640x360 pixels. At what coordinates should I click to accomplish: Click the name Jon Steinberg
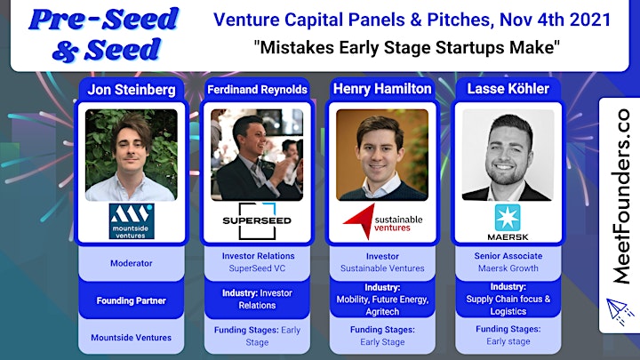pyautogui.click(x=132, y=90)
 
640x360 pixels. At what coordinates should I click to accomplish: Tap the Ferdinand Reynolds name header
pyautogui.click(x=257, y=90)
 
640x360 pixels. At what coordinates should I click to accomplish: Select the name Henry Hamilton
pyautogui.click(x=382, y=89)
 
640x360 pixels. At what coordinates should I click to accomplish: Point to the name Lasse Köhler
pyautogui.click(x=508, y=89)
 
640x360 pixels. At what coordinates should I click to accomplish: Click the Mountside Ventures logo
pyautogui.click(x=132, y=221)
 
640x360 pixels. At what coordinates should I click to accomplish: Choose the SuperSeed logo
pyautogui.click(x=257, y=220)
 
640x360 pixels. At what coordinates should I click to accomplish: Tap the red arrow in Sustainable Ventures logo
pyautogui.click(x=360, y=220)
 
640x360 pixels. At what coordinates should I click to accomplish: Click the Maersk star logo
pyautogui.click(x=508, y=218)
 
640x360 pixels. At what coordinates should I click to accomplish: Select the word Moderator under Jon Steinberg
pyautogui.click(x=132, y=263)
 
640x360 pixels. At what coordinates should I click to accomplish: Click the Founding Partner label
pyautogui.click(x=132, y=300)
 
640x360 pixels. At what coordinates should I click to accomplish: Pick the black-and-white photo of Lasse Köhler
pyautogui.click(x=508, y=155)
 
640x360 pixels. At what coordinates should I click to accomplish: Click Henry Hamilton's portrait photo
pyautogui.click(x=382, y=155)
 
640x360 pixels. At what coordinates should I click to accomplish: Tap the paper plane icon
pyautogui.click(x=620, y=311)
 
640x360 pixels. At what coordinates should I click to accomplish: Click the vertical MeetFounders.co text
pyautogui.click(x=620, y=196)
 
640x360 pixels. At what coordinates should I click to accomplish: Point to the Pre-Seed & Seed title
pyautogui.click(x=104, y=35)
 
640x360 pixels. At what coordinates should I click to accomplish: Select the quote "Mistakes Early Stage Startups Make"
pyautogui.click(x=406, y=47)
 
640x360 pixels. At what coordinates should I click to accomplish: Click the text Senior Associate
pyautogui.click(x=508, y=256)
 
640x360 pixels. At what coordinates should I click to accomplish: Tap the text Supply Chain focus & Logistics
pyautogui.click(x=508, y=305)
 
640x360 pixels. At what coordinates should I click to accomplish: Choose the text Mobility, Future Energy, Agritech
pyautogui.click(x=382, y=305)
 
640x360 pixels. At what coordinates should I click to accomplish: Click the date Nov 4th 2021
pyautogui.click(x=555, y=20)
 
